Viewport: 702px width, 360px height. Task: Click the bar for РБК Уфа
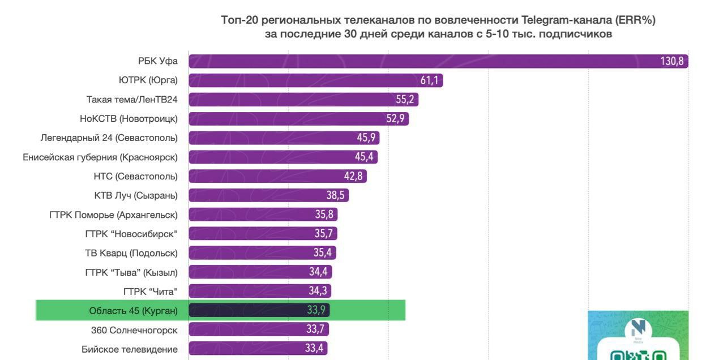396,61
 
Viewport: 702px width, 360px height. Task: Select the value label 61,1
429,80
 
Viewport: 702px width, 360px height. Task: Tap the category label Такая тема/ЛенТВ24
132,100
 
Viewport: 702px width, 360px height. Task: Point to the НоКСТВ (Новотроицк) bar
283,119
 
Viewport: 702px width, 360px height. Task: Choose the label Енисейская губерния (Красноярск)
100,157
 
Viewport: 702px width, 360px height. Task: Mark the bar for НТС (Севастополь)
266,176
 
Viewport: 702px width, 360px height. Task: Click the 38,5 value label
336,195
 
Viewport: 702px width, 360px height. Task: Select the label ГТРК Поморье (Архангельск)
113,215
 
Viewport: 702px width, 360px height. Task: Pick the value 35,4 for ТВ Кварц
323,252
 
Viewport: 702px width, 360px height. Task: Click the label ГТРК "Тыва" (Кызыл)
131,272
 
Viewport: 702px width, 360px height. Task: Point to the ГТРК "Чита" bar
249,291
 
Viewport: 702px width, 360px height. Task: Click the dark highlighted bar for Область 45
243,310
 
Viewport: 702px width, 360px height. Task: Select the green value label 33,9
316,310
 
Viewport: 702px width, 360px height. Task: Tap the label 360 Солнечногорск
134,330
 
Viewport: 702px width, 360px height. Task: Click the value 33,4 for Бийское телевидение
314,349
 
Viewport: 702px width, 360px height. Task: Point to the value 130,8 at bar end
672,61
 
